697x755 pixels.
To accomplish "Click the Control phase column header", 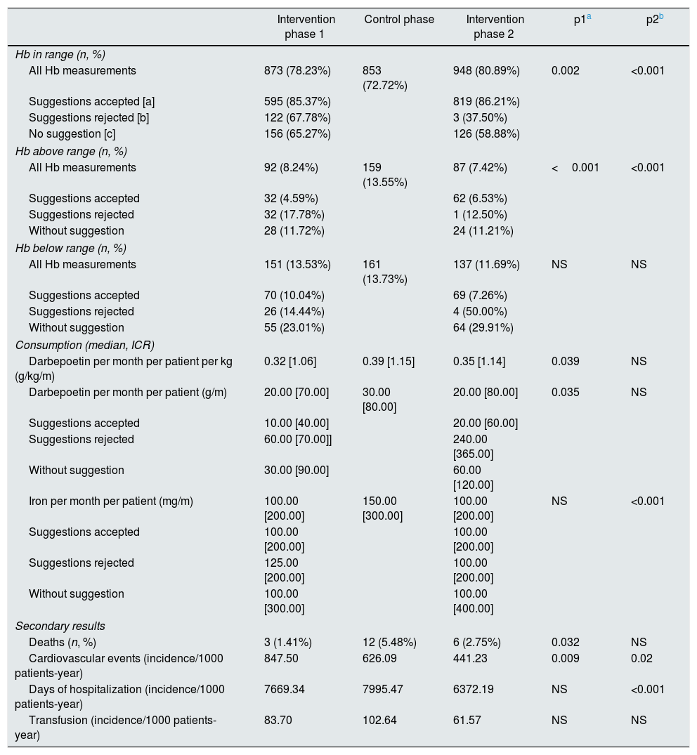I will [399, 19].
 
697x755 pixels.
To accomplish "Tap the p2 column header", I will [654, 19].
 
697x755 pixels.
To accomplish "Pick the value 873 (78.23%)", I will [297, 70].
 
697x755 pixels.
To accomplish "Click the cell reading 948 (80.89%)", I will [487, 70].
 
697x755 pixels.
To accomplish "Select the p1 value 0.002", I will [566, 70].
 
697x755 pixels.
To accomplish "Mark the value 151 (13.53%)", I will [297, 264].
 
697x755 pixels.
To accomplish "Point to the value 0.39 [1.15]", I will [389, 361].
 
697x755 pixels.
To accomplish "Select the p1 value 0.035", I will [566, 392].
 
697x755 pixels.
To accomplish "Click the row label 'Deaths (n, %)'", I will [62, 642].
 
